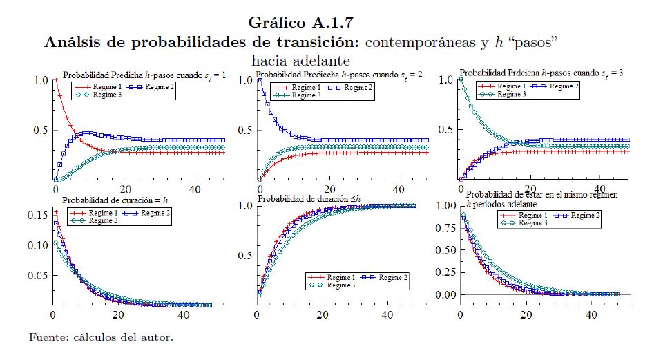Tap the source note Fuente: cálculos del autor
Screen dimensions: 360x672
(x=101, y=337)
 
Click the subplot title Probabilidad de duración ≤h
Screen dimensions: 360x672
(x=309, y=200)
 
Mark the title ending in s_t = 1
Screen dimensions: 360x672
(x=144, y=75)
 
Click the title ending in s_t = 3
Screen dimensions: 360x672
(x=541, y=73)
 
